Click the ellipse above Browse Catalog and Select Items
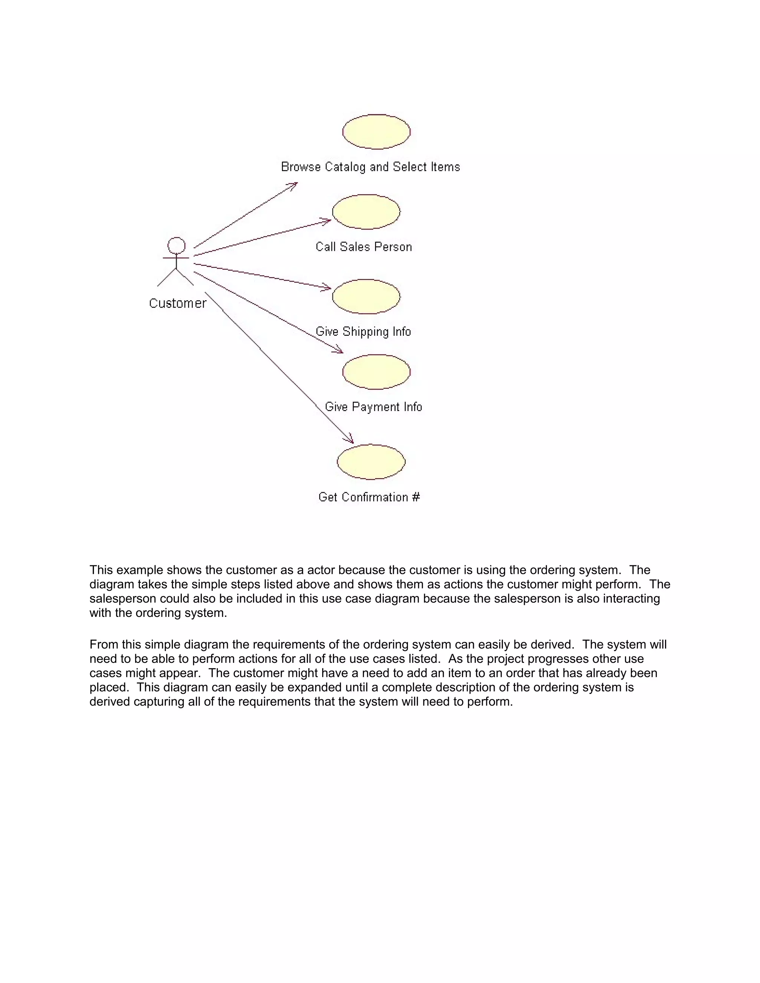click(376, 131)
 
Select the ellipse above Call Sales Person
click(366, 211)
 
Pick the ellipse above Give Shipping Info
click(366, 296)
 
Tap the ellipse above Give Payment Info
click(376, 372)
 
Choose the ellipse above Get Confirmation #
click(371, 462)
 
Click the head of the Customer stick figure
click(176, 246)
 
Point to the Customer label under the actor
click(177, 303)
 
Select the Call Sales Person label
click(363, 247)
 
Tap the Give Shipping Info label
click(363, 332)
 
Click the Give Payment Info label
click(373, 407)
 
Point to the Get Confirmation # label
click(369, 497)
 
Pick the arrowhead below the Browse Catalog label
click(293, 185)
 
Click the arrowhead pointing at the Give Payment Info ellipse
click(338, 350)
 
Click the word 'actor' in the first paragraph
click(321, 570)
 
